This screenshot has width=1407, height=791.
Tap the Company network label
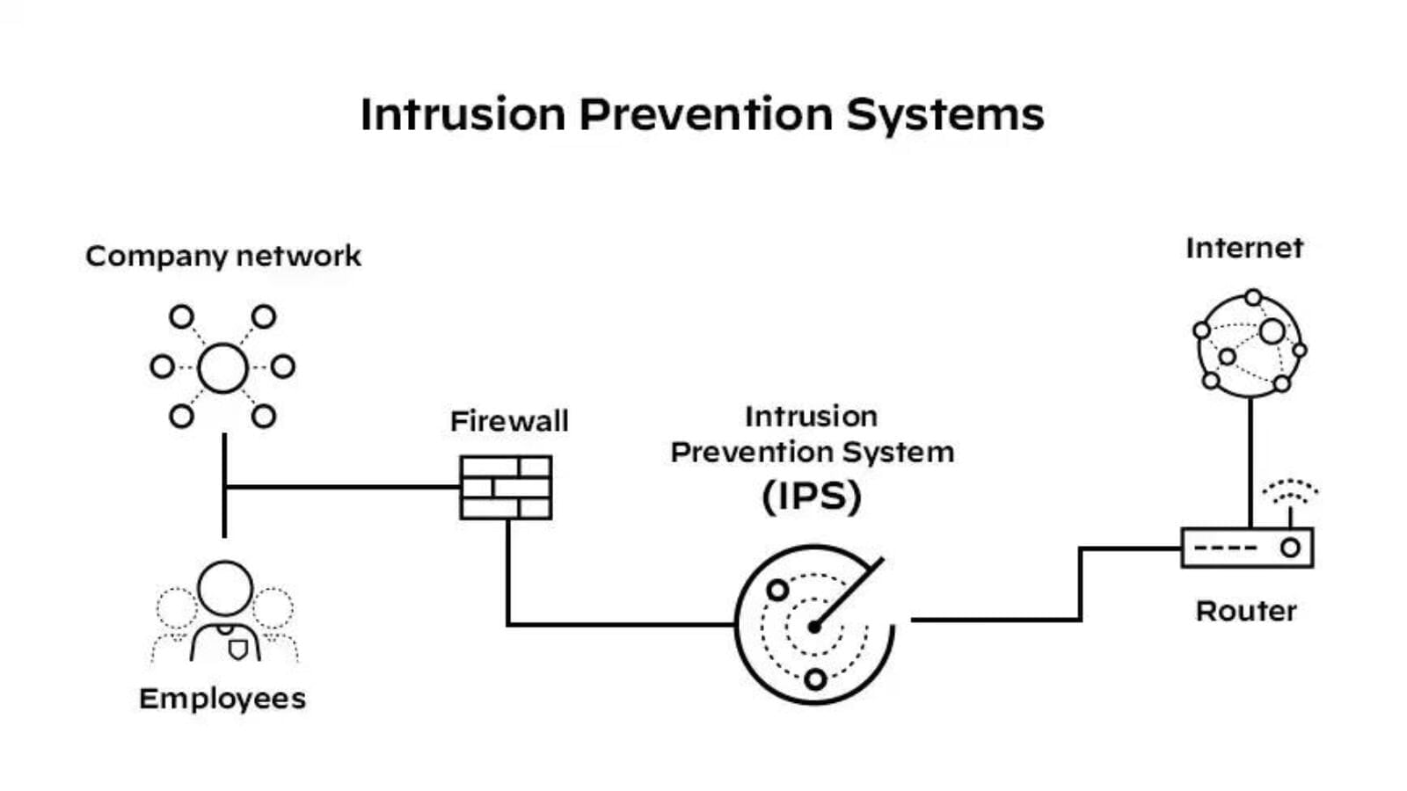[x=223, y=257]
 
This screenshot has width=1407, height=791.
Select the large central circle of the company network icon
[x=222, y=367]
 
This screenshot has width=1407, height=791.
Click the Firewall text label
[x=509, y=421]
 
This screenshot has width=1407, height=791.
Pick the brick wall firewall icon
[x=506, y=487]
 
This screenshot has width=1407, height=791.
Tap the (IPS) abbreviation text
[x=811, y=497]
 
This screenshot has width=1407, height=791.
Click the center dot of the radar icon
[x=814, y=627]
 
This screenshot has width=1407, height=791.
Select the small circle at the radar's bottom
[x=815, y=679]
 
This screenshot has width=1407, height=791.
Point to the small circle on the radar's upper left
[x=777, y=590]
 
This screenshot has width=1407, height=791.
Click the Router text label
[x=1246, y=612]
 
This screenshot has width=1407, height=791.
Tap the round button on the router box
[x=1290, y=548]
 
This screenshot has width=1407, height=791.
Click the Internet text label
[x=1244, y=249]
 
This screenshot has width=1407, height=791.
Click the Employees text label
[x=222, y=699]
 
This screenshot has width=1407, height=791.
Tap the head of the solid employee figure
[x=225, y=588]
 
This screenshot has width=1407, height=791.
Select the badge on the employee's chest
[x=237, y=649]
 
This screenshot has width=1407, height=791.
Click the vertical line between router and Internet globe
[x=1250, y=461]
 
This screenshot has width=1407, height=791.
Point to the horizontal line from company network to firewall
[x=343, y=486]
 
